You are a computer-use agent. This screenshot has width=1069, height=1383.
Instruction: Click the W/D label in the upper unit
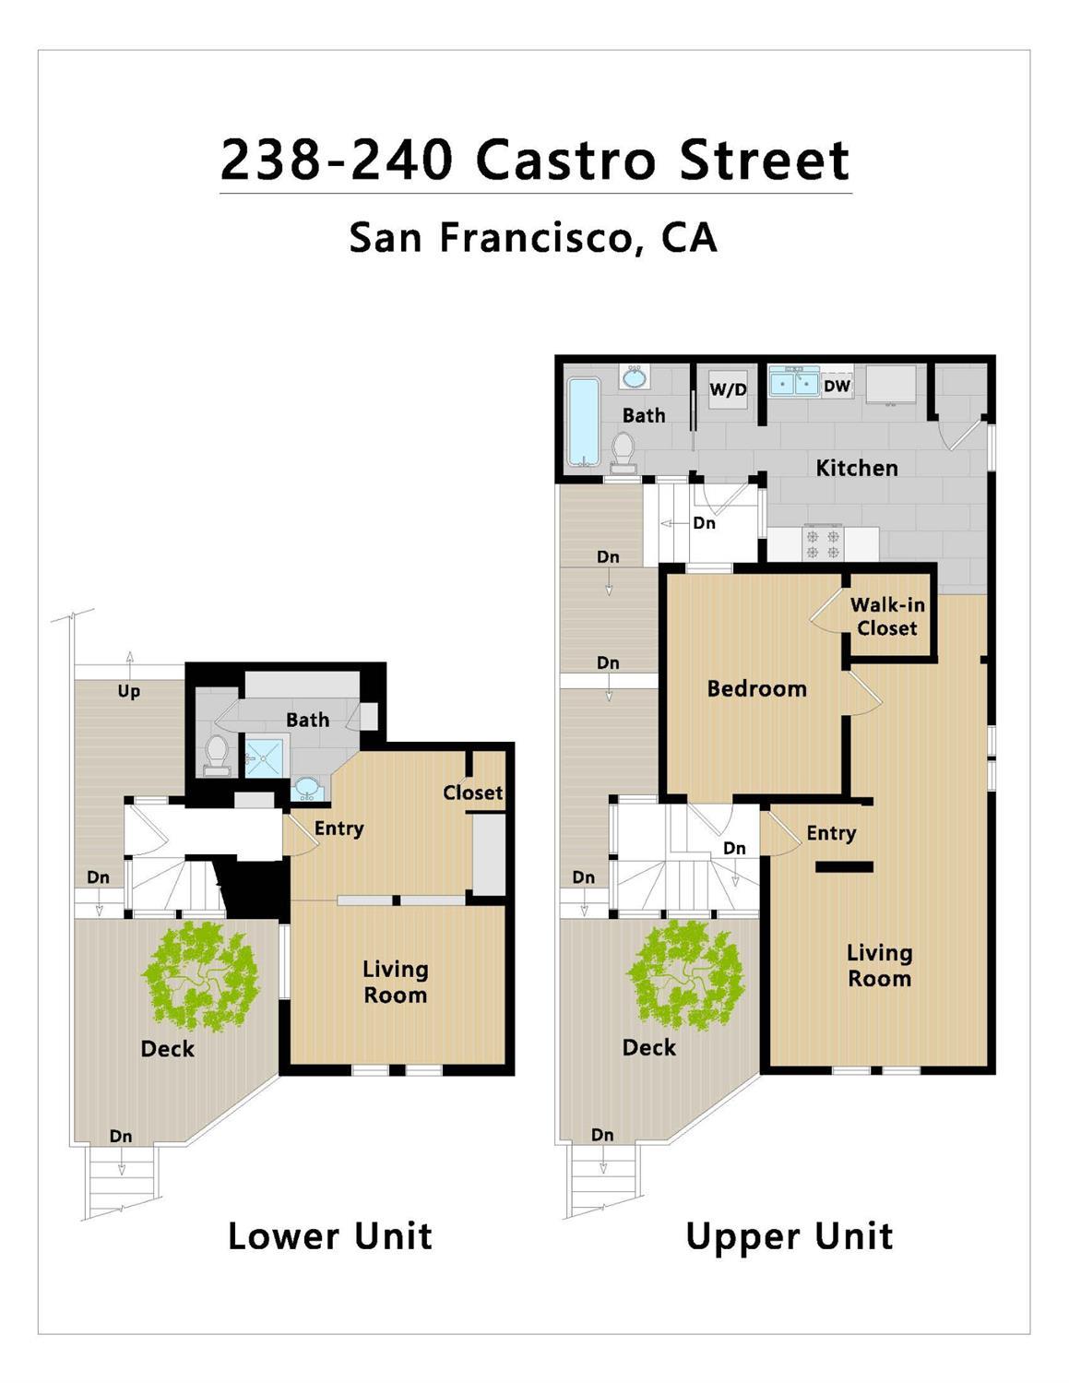(728, 389)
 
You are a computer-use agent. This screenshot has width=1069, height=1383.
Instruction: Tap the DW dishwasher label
(837, 386)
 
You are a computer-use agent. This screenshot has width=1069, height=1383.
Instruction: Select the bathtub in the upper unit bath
(583, 421)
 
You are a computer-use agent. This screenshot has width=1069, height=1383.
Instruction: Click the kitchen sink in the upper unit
(794, 381)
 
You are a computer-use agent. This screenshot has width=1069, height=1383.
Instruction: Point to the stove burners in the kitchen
(823, 542)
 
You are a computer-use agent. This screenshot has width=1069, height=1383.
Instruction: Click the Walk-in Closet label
(887, 616)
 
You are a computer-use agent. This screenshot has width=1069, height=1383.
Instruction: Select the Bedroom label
(756, 688)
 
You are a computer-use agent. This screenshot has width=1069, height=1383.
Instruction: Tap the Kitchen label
(856, 468)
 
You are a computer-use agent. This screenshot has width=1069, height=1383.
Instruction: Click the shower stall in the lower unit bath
(266, 757)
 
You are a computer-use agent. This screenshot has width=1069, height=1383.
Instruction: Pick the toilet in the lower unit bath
(217, 752)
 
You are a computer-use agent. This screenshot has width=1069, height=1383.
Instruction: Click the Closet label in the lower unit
(472, 793)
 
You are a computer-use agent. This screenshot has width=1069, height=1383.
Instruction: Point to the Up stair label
(129, 691)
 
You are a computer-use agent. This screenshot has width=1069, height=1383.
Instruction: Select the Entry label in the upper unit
(831, 833)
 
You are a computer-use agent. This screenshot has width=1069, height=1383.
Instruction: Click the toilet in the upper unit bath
(624, 450)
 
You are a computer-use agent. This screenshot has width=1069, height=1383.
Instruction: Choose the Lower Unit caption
(329, 1236)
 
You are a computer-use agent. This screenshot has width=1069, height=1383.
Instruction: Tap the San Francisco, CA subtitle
(533, 237)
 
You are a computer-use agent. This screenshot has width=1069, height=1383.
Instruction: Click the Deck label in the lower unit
(168, 1048)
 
